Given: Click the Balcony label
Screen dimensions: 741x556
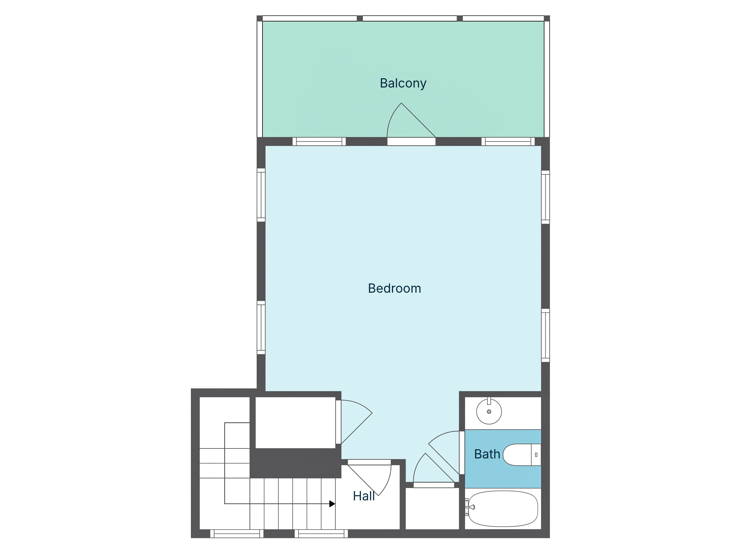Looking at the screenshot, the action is (x=403, y=83).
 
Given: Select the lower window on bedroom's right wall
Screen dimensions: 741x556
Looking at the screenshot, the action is (x=545, y=335).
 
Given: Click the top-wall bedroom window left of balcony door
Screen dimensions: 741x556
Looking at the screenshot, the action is (x=319, y=142).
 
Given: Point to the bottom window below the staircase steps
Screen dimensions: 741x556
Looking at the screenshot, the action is (x=321, y=534).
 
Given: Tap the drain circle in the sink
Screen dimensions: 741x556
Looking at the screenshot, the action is (x=489, y=412).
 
